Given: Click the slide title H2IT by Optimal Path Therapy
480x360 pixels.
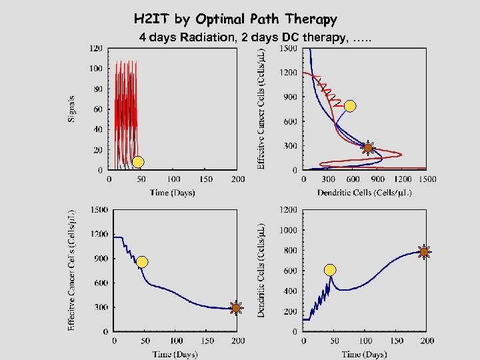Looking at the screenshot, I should click(x=235, y=19).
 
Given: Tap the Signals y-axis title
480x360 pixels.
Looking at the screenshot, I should click(x=71, y=107).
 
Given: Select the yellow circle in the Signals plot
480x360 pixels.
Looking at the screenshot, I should click(x=137, y=161).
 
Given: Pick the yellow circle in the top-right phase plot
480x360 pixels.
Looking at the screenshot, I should click(x=350, y=106).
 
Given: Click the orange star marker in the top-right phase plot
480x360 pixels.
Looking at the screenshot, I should click(x=367, y=148).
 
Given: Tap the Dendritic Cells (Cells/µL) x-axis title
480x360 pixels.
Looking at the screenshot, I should click(x=365, y=193).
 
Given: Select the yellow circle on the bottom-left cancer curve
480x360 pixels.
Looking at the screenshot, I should click(x=142, y=262).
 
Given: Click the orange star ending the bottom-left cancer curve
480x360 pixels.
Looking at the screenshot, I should click(x=235, y=307).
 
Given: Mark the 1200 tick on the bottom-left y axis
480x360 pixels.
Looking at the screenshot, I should click(x=99, y=235).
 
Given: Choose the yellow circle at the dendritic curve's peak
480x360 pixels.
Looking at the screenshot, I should click(x=330, y=270).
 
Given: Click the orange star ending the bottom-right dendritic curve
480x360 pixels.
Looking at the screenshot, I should click(x=424, y=251).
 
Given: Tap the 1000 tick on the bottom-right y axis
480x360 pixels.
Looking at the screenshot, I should click(x=288, y=230).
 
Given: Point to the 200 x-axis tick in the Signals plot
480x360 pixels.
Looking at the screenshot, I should click(x=237, y=179).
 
